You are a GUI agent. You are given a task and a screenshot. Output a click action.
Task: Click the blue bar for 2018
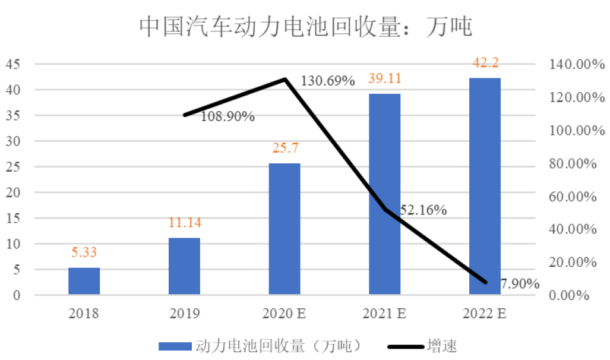coord(84,281)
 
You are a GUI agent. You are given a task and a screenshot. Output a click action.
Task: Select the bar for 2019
coord(184,266)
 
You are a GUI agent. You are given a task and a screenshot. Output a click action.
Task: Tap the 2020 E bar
coord(285,229)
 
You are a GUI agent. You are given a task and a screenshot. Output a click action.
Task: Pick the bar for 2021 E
coord(384,194)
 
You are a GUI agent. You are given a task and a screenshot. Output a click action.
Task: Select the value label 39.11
coord(384,80)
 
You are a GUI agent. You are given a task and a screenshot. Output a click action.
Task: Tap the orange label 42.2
coord(485,64)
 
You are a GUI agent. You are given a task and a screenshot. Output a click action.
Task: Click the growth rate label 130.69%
coord(328,80)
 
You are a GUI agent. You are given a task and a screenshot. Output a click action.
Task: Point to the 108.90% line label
coord(227,116)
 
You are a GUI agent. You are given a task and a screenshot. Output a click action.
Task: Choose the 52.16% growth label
coord(423,210)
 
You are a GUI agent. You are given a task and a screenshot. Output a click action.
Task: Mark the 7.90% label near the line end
coord(520,284)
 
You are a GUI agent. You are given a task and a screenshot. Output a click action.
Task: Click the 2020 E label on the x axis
coord(285,313)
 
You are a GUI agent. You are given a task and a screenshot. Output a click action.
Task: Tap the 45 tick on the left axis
coord(12,64)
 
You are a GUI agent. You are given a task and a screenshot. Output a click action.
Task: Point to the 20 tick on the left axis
coord(12,192)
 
